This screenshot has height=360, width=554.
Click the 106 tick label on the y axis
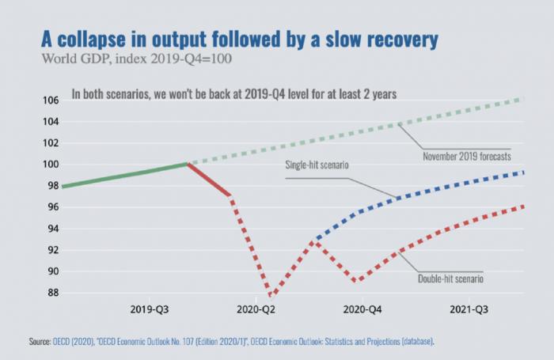[51, 100]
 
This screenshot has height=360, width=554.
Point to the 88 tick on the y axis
[53, 293]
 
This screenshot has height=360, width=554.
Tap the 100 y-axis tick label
[51, 165]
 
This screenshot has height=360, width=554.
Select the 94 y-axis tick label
[53, 229]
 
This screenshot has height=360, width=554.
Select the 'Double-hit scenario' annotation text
[450, 279]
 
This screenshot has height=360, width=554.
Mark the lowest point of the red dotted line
[270, 295]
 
